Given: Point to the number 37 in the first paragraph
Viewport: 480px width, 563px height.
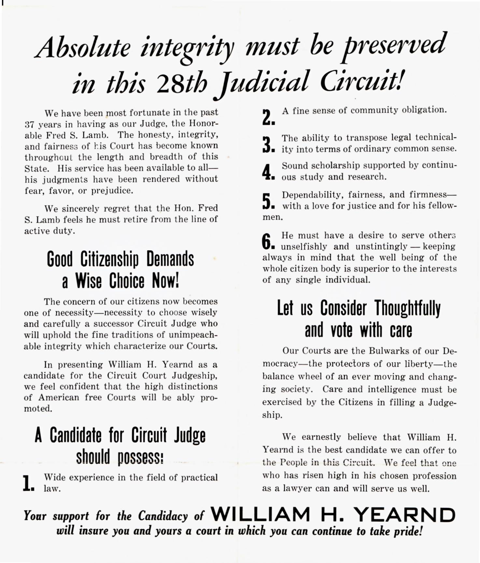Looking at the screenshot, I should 30,125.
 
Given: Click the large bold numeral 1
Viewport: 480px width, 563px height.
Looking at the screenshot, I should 28,483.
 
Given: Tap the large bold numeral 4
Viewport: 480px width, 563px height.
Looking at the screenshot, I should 268,172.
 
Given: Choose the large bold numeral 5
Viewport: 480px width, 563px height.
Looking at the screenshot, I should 268,201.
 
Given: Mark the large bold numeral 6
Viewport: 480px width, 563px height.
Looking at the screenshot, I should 268,241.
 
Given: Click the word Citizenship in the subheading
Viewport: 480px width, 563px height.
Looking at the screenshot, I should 109,259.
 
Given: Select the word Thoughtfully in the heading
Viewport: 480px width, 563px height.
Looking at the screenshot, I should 407,308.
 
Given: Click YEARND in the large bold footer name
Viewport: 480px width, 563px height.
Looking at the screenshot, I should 405,515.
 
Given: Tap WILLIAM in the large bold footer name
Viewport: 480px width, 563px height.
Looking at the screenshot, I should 261,515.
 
